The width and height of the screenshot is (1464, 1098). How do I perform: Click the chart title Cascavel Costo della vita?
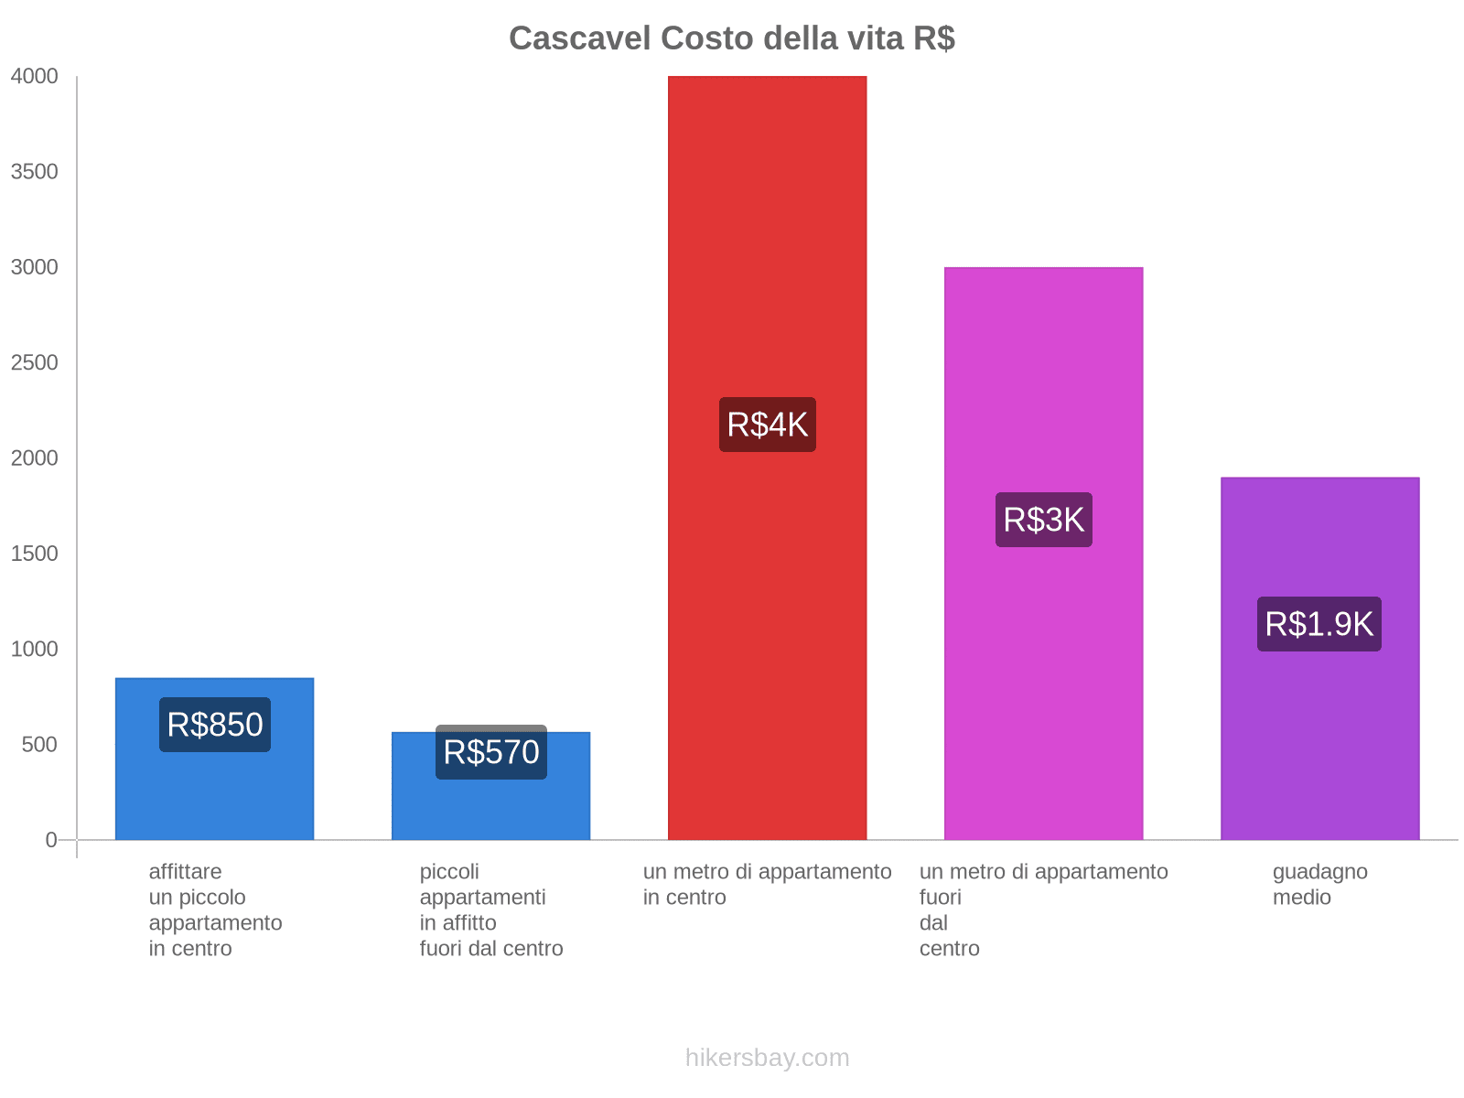[732, 38]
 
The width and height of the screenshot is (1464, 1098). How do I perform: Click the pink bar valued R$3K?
[1043, 686]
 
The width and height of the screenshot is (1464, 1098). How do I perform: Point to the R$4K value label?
[767, 425]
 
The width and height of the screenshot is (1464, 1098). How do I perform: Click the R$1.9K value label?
[1319, 624]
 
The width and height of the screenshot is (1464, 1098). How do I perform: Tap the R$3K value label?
[1043, 520]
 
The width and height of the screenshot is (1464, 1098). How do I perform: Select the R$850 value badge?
[214, 725]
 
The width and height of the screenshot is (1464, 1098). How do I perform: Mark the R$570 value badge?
[490, 752]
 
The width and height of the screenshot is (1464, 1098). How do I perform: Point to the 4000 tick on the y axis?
[35, 77]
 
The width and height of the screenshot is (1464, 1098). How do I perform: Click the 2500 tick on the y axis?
[35, 363]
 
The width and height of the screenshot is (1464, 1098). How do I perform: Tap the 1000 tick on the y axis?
[35, 650]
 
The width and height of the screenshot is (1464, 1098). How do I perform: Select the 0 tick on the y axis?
[51, 840]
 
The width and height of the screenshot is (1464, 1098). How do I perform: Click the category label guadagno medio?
[1319, 885]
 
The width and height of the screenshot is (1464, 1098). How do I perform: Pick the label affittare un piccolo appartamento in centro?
[215, 910]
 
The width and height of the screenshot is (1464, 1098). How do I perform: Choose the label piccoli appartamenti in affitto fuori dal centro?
[490, 910]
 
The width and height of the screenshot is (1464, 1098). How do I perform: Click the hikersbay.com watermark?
[767, 1058]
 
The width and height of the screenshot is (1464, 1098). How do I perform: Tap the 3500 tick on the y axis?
[35, 172]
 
